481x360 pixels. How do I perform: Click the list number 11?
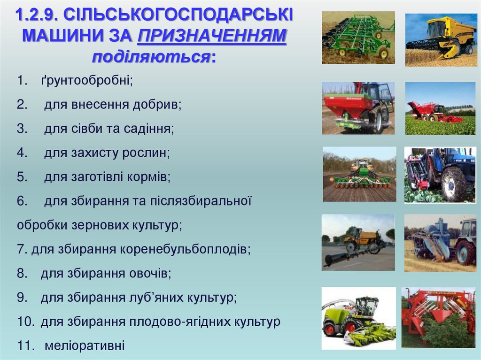click(23, 346)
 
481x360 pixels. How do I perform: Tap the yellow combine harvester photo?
click(441, 38)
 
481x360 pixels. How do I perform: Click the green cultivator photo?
click(358, 38)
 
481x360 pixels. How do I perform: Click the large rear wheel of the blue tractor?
click(453, 184)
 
